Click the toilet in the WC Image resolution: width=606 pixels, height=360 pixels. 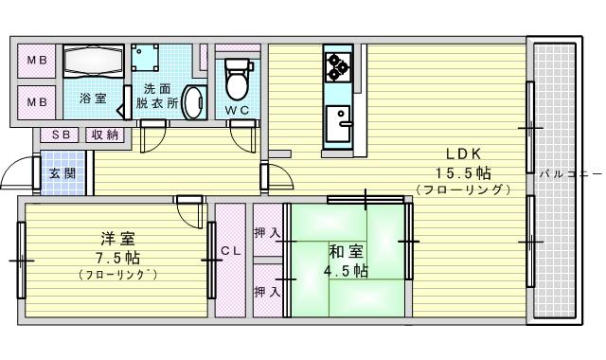(237, 79)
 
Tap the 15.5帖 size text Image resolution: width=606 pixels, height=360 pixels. (462, 172)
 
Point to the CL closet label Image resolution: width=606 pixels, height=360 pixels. (230, 251)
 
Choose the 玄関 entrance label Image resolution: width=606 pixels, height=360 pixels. (63, 173)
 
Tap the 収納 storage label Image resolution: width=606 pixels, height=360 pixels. (104, 135)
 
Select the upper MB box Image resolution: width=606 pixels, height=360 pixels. (36, 63)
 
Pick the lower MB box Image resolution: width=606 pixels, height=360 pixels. (36, 101)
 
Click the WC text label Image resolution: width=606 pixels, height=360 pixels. (237, 111)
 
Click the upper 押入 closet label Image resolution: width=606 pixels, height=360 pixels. (267, 233)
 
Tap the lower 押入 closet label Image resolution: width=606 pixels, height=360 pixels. (267, 291)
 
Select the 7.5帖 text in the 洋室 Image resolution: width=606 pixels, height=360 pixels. (118, 257)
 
